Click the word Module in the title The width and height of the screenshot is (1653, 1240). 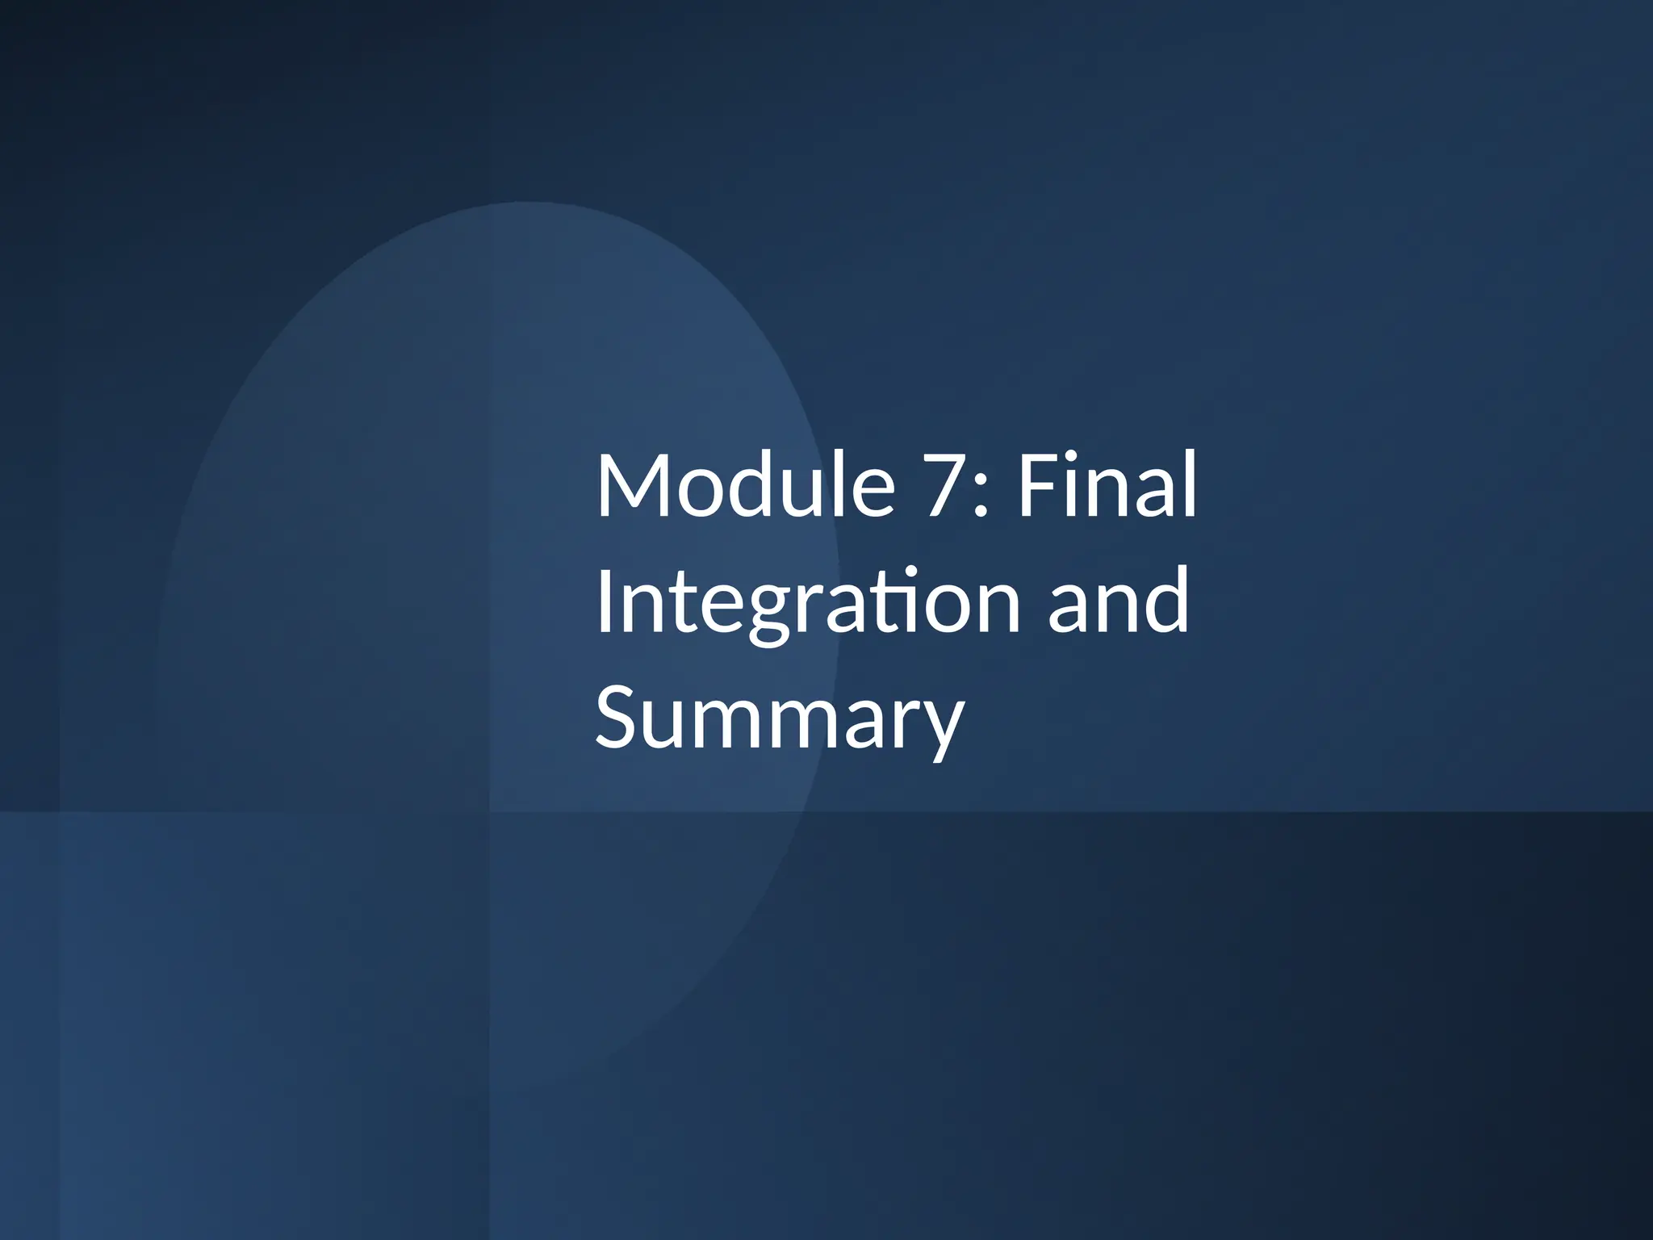click(745, 486)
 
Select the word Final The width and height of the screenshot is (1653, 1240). click(1107, 486)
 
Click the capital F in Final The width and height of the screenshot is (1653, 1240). click(1036, 486)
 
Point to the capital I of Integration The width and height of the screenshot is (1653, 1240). click(604, 601)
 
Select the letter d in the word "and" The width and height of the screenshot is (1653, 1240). click(1166, 601)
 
